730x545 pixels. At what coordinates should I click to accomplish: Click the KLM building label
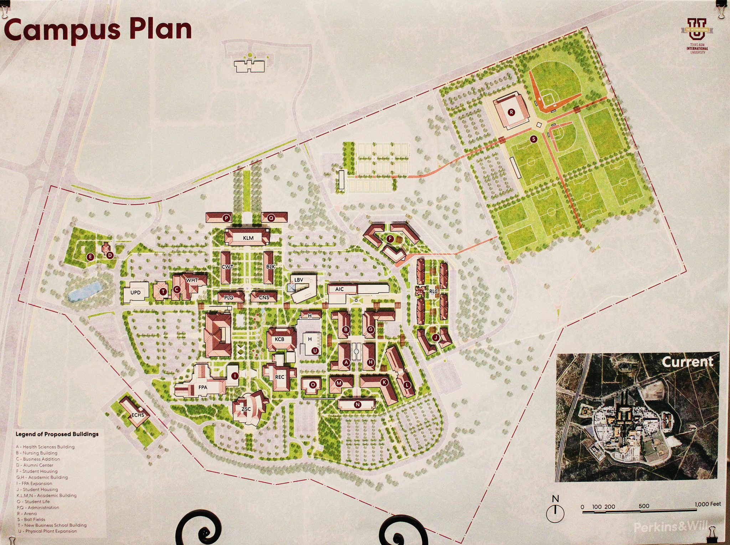tap(248, 238)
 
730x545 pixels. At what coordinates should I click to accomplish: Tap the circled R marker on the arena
tap(511, 112)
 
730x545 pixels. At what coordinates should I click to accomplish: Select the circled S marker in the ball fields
tap(534, 139)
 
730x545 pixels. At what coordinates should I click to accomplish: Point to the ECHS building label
tap(138, 415)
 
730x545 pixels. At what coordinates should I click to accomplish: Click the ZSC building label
tap(246, 409)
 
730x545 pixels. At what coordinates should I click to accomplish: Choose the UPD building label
tap(135, 293)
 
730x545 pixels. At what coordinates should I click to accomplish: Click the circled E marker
tap(91, 256)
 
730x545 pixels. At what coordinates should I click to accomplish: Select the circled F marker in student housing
tap(390, 239)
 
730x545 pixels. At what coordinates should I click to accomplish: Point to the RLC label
tap(433, 291)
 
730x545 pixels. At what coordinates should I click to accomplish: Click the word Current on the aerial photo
tap(687, 362)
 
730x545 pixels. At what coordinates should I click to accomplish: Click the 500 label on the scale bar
tap(644, 506)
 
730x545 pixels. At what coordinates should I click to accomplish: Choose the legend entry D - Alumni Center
tap(35, 465)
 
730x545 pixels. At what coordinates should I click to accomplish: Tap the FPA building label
tap(203, 387)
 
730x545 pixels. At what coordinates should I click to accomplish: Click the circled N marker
tap(358, 405)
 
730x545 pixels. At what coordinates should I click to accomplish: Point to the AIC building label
tap(339, 289)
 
